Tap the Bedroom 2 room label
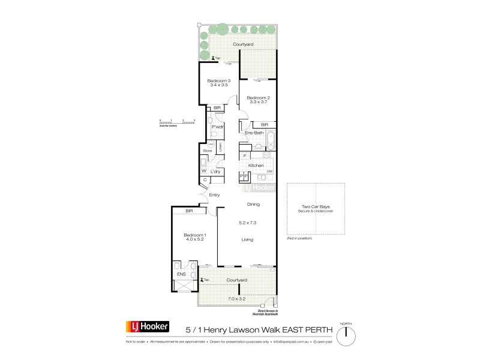pos(259,98)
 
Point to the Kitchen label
pos(256,165)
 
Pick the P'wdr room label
pos(217,127)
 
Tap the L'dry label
pos(215,172)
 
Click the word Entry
pos(214,195)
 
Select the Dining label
pos(253,205)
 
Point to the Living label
pos(247,239)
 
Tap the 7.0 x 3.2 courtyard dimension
pos(237,298)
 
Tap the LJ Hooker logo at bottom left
pos(147,327)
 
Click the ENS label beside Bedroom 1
pos(181,275)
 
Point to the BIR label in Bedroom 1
pos(189,211)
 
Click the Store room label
pos(208,151)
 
